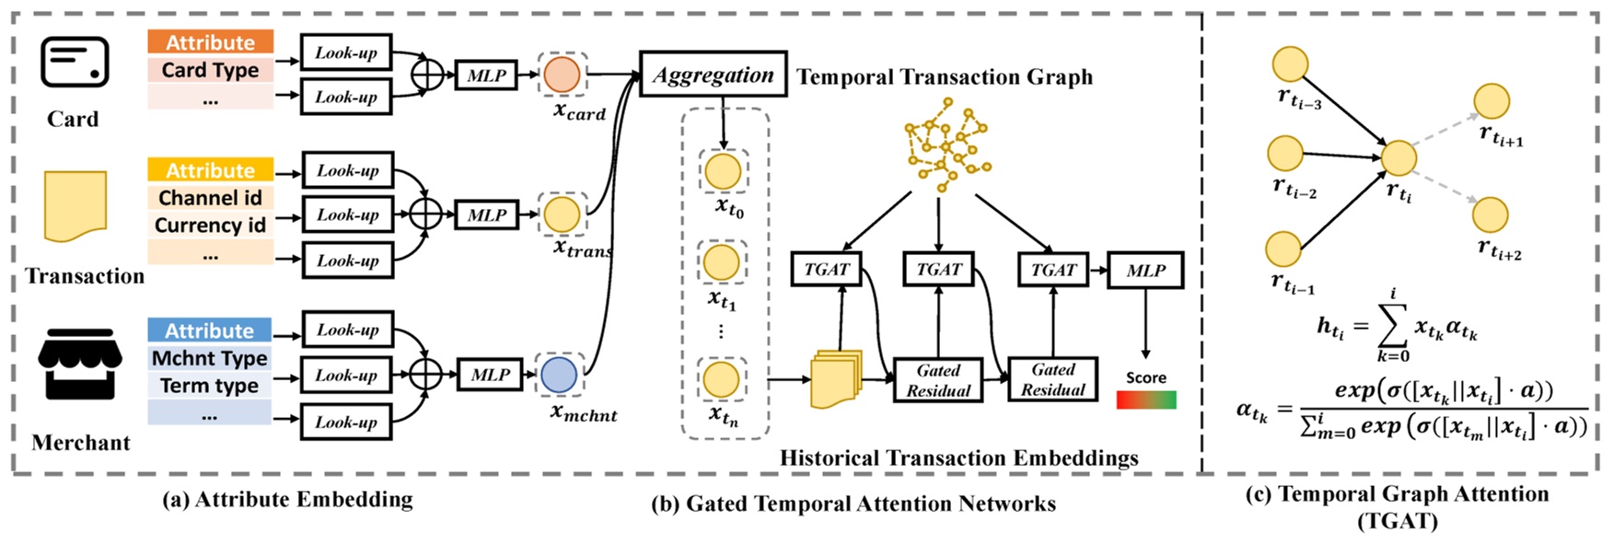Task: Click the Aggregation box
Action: (713, 75)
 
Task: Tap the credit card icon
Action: (75, 64)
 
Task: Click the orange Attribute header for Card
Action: (210, 42)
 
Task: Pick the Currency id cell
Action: (210, 226)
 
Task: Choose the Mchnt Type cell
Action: (210, 358)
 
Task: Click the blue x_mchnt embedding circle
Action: (559, 375)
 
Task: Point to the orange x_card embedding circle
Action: (562, 75)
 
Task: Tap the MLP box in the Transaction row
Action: (487, 215)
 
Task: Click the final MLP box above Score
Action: (1145, 270)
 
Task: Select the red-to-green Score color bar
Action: (1146, 400)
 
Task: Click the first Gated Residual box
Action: (938, 380)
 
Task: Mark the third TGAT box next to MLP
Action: (1053, 270)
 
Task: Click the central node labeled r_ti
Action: (1398, 158)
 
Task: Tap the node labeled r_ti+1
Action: (1491, 101)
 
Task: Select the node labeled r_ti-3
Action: (1291, 64)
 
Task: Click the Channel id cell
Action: (210, 198)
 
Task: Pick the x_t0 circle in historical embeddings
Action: (723, 171)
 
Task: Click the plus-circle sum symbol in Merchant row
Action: (426, 375)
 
